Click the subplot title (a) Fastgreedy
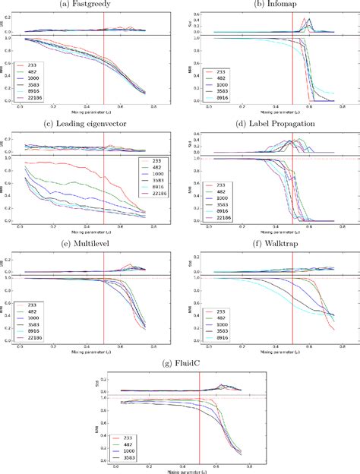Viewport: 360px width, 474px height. pyautogui.click(x=90, y=5)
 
